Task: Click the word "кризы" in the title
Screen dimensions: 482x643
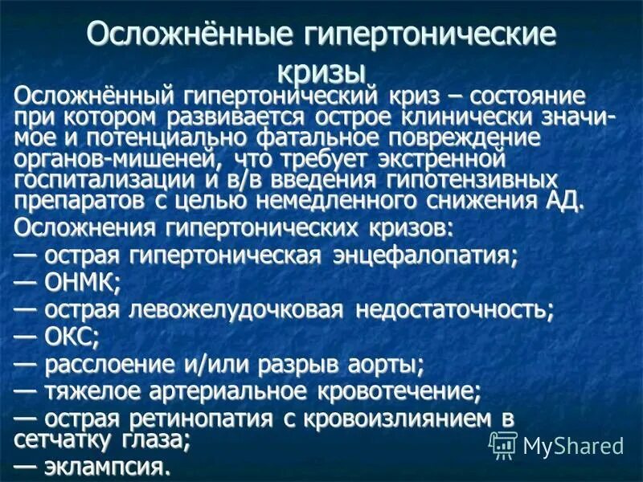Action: (321, 71)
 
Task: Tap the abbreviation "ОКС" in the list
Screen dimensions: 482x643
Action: (72, 337)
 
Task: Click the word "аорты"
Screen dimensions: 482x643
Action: (387, 366)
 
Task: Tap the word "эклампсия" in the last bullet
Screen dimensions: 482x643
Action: (108, 467)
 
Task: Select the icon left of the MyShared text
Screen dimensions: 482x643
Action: (503, 444)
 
